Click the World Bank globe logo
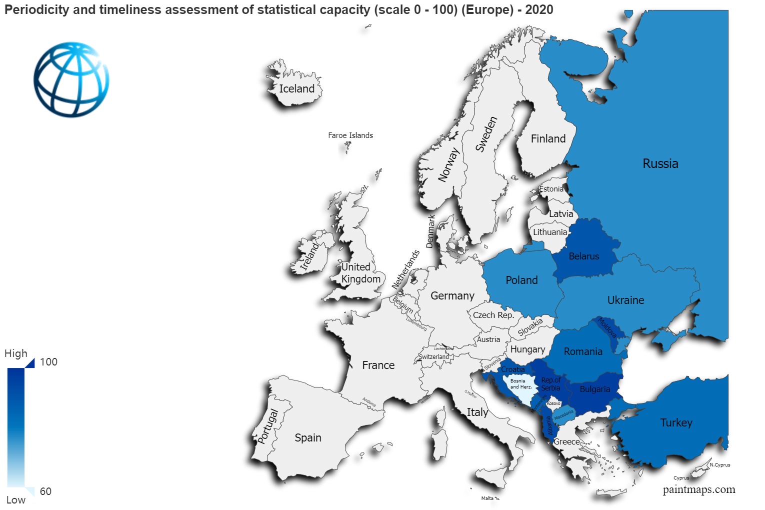click(x=71, y=79)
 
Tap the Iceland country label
click(x=296, y=89)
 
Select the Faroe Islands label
click(x=350, y=135)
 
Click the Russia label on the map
click(x=660, y=164)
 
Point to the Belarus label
click(x=583, y=256)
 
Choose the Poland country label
click(x=521, y=280)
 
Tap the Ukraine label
click(x=625, y=300)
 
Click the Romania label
click(x=582, y=352)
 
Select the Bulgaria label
click(x=594, y=389)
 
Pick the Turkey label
click(x=676, y=423)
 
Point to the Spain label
click(x=307, y=438)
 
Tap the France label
click(x=378, y=365)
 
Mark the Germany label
click(x=452, y=296)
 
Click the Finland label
click(x=548, y=139)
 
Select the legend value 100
click(x=48, y=362)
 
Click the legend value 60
click(x=45, y=491)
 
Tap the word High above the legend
click(x=16, y=353)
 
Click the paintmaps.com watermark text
click(x=698, y=489)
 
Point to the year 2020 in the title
click(x=538, y=9)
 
